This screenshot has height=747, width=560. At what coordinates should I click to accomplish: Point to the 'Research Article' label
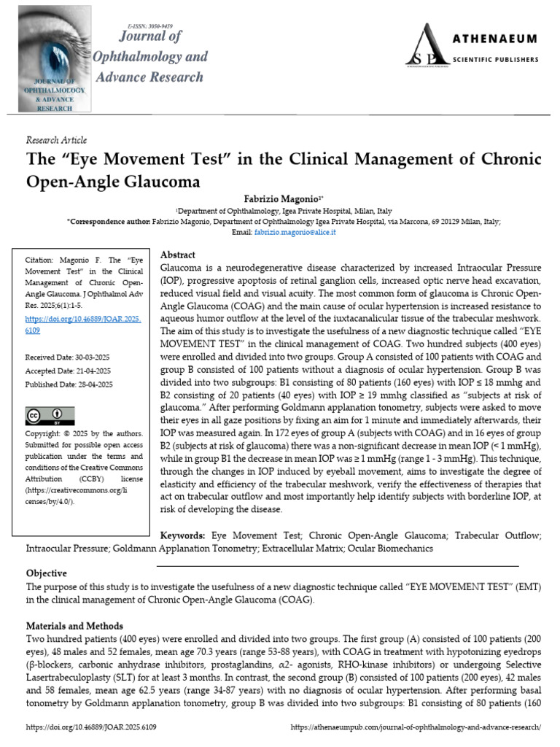pyautogui.click(x=56, y=140)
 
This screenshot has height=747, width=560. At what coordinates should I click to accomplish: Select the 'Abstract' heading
pyautogui.click(x=177, y=255)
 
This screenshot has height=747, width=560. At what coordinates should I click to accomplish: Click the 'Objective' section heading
pyautogui.click(x=47, y=573)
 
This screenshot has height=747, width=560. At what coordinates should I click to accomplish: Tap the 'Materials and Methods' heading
pyautogui.click(x=75, y=626)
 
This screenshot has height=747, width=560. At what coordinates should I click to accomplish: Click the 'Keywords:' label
pyautogui.click(x=182, y=535)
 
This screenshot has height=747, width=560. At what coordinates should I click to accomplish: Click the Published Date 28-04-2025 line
pyautogui.click(x=69, y=384)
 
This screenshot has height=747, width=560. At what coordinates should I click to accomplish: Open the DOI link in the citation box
pyautogui.click(x=83, y=325)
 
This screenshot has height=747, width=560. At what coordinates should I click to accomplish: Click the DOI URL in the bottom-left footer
pyautogui.click(x=91, y=727)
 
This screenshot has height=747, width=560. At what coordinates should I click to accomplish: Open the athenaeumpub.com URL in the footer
pyautogui.click(x=416, y=727)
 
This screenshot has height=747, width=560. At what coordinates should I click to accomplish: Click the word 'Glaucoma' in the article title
pyautogui.click(x=160, y=178)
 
